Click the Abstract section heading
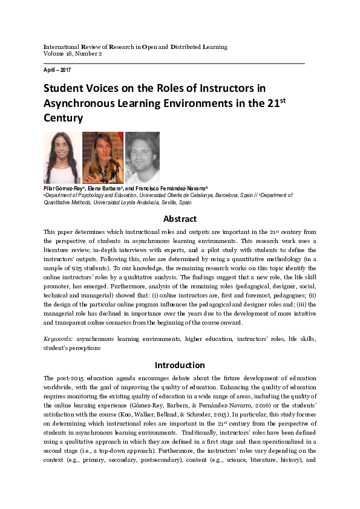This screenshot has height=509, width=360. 180,219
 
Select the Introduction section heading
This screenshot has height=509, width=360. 180,365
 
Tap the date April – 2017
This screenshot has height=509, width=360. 57,71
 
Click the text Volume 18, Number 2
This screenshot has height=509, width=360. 73,54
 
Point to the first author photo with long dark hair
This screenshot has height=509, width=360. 62,158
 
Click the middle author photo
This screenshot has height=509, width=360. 102,158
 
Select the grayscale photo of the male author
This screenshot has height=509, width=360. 142,158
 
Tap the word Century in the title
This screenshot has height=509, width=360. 63,118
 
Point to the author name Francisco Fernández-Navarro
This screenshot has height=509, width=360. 172,189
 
